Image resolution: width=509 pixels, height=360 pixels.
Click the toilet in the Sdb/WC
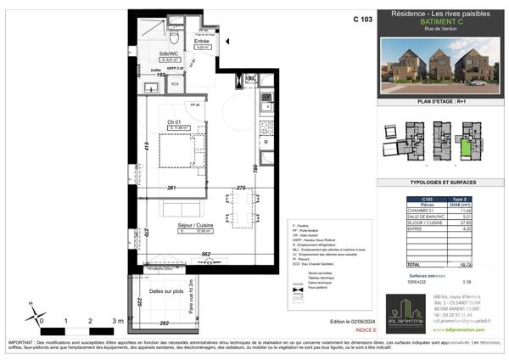click(172, 37)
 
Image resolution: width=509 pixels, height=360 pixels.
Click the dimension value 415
click(147, 147)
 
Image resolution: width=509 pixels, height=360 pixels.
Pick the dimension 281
click(171, 187)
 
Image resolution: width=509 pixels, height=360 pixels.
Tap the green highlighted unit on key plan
click(465, 150)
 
